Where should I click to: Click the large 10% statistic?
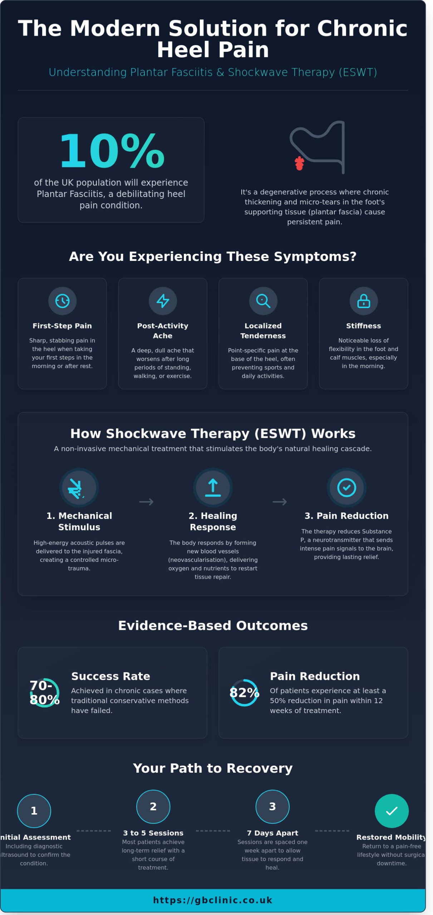coord(112,151)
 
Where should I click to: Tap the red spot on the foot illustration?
coord(299,163)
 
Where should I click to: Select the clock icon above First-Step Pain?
coord(62,301)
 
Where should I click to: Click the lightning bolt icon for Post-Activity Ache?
coord(163,301)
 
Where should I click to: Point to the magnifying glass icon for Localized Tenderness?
coord(263,301)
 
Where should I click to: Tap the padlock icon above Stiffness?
coord(364,301)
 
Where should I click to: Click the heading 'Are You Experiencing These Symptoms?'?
coord(213,257)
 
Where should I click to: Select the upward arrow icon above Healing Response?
coord(213,488)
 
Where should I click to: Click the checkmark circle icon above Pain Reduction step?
coord(346,488)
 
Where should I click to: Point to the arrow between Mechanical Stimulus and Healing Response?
coord(146,502)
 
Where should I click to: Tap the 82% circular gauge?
coord(245,693)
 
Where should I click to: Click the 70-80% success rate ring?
coord(45,693)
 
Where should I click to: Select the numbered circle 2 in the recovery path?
coord(153,807)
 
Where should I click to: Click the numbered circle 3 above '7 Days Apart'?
coord(272,807)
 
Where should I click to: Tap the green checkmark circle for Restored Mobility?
coord(392,811)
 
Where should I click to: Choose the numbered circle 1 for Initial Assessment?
coord(34,811)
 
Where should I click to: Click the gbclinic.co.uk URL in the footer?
coord(213,900)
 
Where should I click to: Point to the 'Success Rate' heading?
coord(110,676)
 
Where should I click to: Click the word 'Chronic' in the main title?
coord(362,28)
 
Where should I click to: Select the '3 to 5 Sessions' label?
coord(153,833)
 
